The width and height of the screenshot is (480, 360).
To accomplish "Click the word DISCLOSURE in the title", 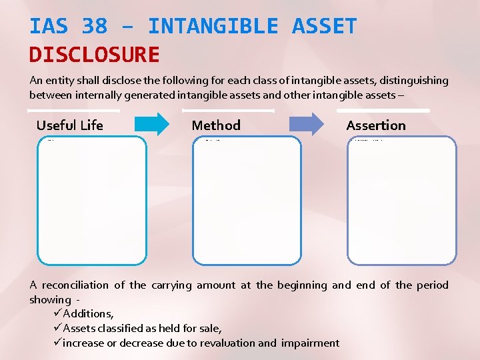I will [x=94, y=55].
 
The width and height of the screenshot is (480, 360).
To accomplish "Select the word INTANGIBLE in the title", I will [x=213, y=27].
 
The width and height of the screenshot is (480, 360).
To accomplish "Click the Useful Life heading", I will [x=70, y=125].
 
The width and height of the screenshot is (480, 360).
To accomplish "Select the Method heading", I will [x=216, y=125].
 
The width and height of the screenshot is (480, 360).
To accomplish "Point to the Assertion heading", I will [x=376, y=125].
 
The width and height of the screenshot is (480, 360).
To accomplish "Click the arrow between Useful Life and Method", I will [x=153, y=125].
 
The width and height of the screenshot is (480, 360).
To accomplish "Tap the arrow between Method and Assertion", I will [x=307, y=125].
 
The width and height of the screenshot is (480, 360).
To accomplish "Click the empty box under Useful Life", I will [x=91, y=201].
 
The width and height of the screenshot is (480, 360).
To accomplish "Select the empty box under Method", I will [x=247, y=201].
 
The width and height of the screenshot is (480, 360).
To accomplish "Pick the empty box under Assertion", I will [x=402, y=201].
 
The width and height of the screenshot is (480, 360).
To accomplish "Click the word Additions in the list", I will [x=88, y=314].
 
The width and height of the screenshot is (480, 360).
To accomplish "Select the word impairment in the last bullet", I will [x=310, y=343].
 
